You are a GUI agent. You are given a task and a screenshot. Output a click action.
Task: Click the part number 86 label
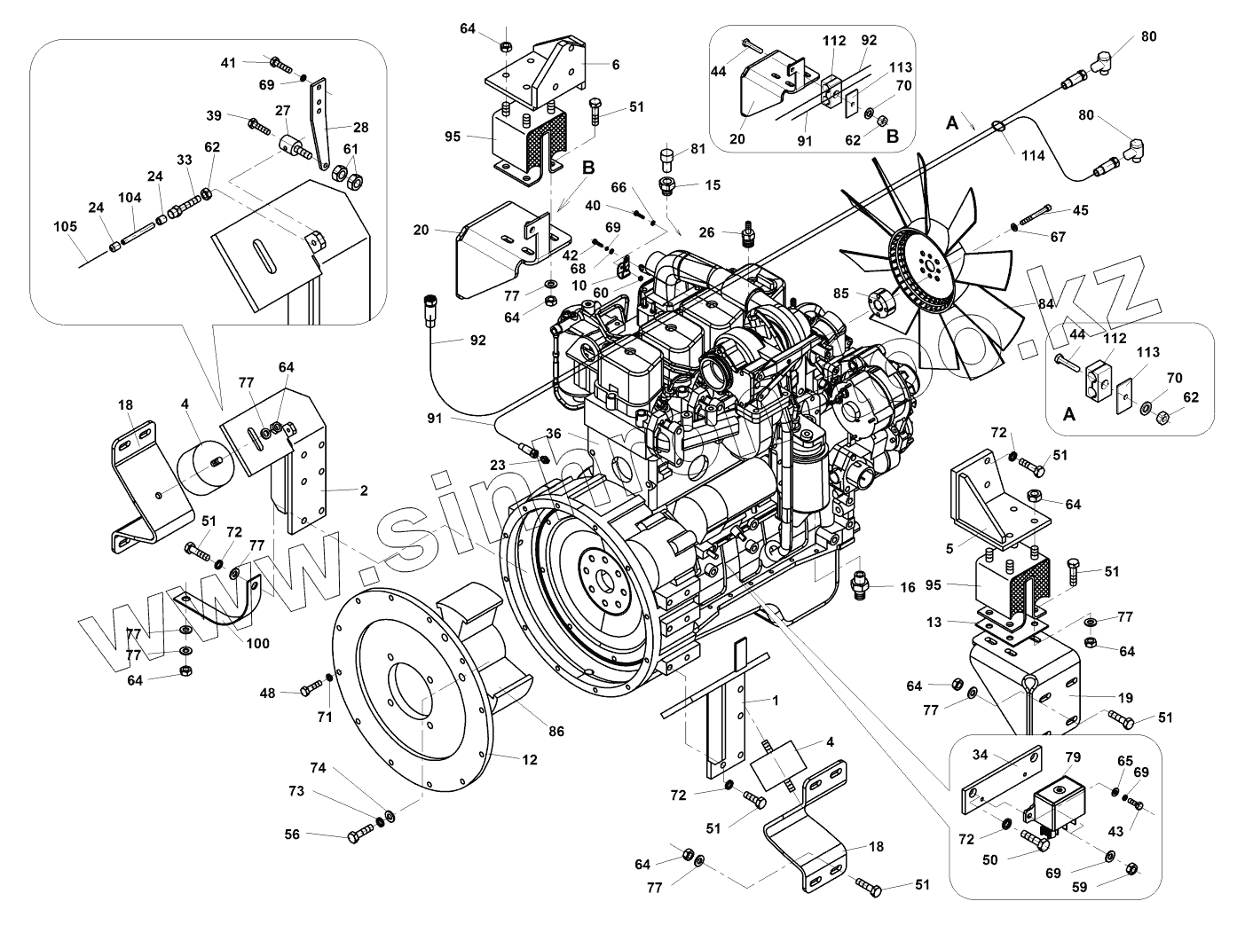pos(556,732)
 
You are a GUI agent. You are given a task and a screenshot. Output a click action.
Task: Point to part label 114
pos(1033,156)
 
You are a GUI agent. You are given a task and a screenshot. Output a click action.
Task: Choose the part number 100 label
pos(259,643)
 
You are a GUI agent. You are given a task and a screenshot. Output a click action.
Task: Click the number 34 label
pos(980,755)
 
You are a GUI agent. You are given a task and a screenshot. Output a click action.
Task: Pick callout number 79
pos(1073,758)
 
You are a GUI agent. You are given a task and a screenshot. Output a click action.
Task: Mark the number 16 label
pos(907,587)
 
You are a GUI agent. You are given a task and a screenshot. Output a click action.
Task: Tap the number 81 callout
pos(697,148)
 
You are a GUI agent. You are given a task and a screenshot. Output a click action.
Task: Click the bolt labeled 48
pos(311,688)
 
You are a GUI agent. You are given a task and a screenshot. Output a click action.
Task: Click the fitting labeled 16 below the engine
pos(860,584)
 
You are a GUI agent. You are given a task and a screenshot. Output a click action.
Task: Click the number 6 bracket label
pos(615,64)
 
